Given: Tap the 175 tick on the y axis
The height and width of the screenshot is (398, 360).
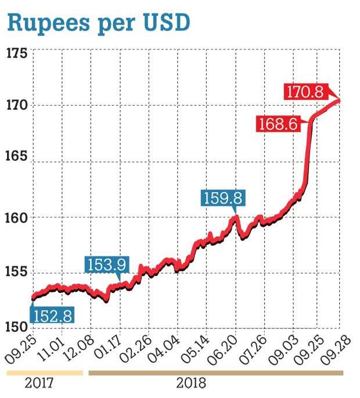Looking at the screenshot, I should [16, 54].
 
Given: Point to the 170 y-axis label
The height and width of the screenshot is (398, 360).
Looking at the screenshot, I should [16, 106].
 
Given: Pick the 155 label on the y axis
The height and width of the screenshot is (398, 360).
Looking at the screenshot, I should [16, 273].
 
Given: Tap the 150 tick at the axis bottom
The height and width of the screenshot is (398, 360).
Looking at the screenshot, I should [16, 326].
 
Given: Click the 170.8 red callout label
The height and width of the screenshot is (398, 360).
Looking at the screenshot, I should [305, 91].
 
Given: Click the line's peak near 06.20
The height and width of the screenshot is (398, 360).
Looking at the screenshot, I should [236, 217].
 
